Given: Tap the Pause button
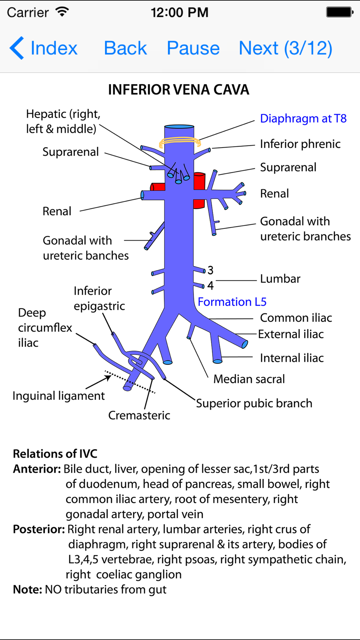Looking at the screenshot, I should (x=193, y=48).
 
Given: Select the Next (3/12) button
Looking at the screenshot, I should (x=285, y=48).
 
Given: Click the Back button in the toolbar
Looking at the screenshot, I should (x=125, y=48).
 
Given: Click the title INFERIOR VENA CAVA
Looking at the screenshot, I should (x=179, y=90).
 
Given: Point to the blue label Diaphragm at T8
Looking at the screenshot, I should (x=303, y=118).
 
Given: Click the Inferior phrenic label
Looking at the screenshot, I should (x=300, y=144).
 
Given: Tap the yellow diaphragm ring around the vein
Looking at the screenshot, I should (x=180, y=142).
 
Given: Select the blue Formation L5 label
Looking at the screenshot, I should (x=232, y=302).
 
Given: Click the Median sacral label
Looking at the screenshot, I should (x=249, y=379).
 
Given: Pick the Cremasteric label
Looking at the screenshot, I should (x=139, y=415).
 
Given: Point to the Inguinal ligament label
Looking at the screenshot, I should (x=59, y=396).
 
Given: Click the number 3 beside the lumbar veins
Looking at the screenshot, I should (x=211, y=270).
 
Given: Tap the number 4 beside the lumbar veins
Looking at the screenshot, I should (x=211, y=286).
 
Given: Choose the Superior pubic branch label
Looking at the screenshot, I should (x=254, y=404).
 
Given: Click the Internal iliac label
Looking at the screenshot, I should (x=292, y=358).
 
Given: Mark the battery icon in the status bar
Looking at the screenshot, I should (x=339, y=12).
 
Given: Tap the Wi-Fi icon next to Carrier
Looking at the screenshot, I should (x=62, y=12).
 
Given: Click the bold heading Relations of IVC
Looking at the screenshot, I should (x=55, y=454).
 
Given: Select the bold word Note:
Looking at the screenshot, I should (x=27, y=590).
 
